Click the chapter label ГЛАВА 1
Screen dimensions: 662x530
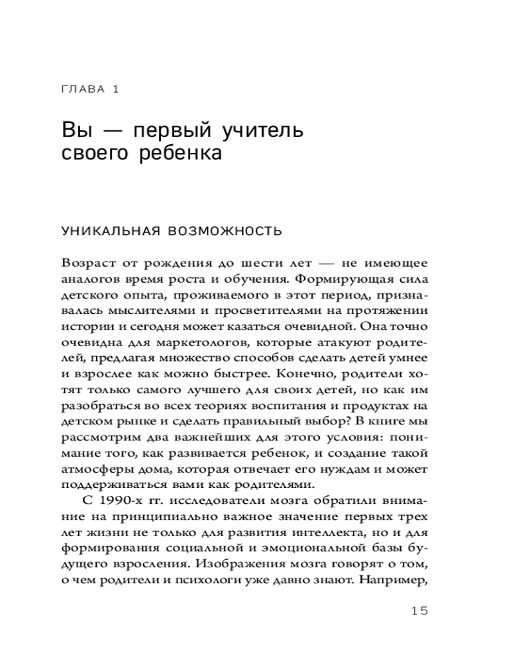click(x=89, y=89)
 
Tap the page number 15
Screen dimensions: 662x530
click(x=419, y=610)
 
